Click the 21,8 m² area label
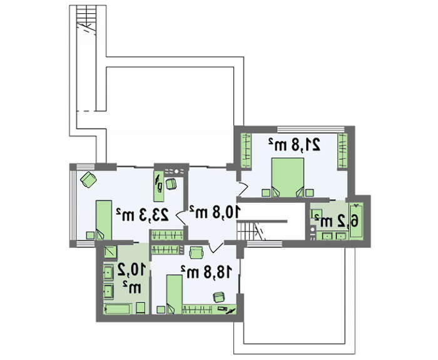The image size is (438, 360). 295,145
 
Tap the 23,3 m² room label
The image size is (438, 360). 143,215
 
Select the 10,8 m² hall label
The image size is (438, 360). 215,212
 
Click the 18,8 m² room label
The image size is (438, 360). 206,272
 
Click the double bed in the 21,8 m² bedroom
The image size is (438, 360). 288,178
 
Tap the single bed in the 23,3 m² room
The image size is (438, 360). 104,220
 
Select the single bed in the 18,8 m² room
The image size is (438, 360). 175,294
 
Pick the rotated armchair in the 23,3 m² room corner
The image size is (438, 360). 89,180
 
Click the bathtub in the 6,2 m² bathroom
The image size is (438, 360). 356,221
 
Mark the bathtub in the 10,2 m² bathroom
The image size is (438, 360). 118,309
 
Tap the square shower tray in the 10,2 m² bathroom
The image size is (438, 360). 110,252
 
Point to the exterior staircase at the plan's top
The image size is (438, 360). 86,20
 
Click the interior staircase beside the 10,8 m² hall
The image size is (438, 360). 250,230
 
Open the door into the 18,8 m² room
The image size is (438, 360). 216,246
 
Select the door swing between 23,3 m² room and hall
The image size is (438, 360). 181,217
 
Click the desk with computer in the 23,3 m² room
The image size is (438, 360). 159,186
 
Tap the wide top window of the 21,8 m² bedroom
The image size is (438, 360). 310,130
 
